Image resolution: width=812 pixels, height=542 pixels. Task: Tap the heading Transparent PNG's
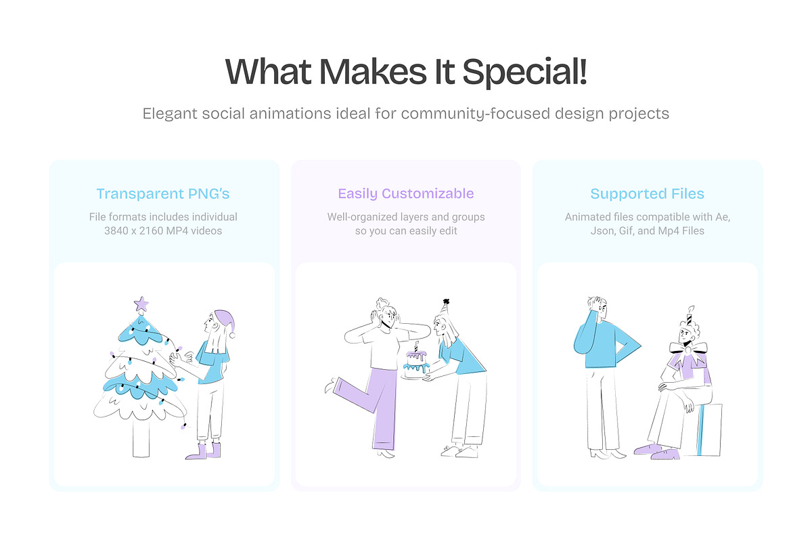click(163, 194)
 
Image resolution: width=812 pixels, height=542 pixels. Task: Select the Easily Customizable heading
click(406, 194)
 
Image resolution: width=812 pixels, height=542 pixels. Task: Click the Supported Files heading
click(648, 194)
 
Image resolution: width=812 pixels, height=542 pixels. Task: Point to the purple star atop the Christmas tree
click(141, 304)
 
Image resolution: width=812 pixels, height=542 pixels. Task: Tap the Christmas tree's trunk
click(141, 437)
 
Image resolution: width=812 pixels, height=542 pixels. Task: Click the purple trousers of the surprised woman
click(376, 406)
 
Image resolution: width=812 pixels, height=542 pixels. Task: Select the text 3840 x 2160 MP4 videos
click(163, 231)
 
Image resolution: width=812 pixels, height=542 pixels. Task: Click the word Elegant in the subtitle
click(170, 113)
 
